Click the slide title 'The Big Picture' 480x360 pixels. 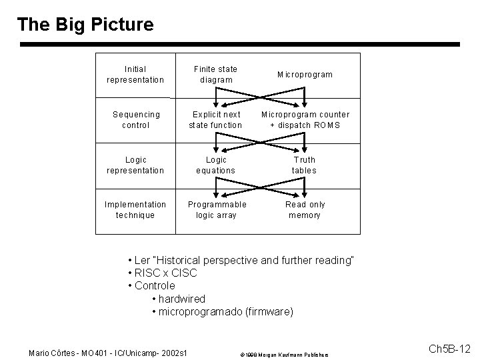tap(85, 25)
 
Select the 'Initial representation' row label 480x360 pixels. tap(135, 75)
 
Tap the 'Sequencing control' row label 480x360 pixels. tap(135, 120)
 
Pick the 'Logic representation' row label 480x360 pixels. tap(135, 165)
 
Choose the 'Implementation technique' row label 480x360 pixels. tap(135, 210)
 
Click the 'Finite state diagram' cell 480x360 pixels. tap(215, 75)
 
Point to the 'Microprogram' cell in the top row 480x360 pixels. tap(305, 75)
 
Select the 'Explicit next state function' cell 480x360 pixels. tap(215, 120)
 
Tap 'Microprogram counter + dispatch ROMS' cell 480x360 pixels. tap(305, 120)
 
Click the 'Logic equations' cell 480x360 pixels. tap(215, 165)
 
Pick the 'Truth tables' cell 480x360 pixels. tap(305, 165)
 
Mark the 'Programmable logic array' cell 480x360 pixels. tap(215, 210)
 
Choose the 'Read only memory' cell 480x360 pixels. tap(305, 210)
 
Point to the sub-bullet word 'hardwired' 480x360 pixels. tap(181, 299)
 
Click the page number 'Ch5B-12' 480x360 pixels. tap(449, 349)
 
